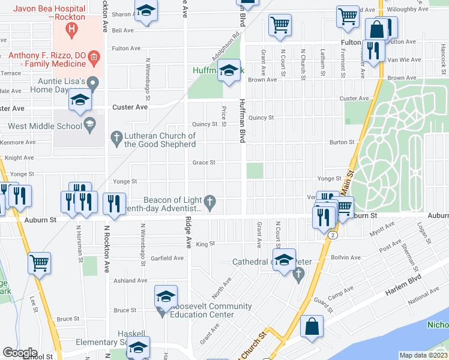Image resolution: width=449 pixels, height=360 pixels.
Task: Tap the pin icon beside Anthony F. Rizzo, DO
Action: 94,58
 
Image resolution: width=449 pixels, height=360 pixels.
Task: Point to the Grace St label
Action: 204,163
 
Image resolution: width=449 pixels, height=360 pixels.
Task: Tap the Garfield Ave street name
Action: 169,258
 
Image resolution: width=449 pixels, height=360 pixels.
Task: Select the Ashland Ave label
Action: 130,280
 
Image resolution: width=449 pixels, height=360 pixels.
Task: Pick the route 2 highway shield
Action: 331,235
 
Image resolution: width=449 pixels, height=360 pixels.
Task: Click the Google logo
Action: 20,353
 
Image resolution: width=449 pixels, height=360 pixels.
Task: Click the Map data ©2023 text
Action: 424,355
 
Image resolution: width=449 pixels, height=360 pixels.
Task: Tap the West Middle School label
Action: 45,126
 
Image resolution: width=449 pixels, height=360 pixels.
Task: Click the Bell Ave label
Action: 123,30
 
